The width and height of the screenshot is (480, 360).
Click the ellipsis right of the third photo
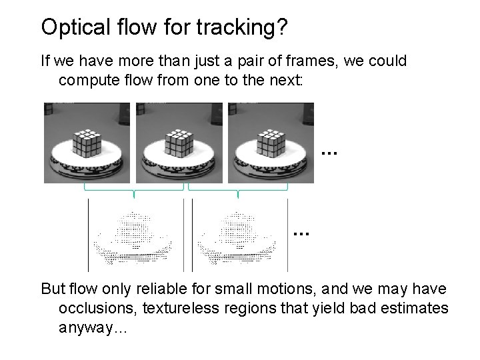click(x=329, y=153)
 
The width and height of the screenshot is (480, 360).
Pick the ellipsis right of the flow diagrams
click(x=301, y=233)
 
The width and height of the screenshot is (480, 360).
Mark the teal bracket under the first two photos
click(x=134, y=190)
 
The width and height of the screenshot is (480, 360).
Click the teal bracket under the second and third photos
click(x=238, y=190)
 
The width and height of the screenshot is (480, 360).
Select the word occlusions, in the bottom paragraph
click(x=95, y=309)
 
